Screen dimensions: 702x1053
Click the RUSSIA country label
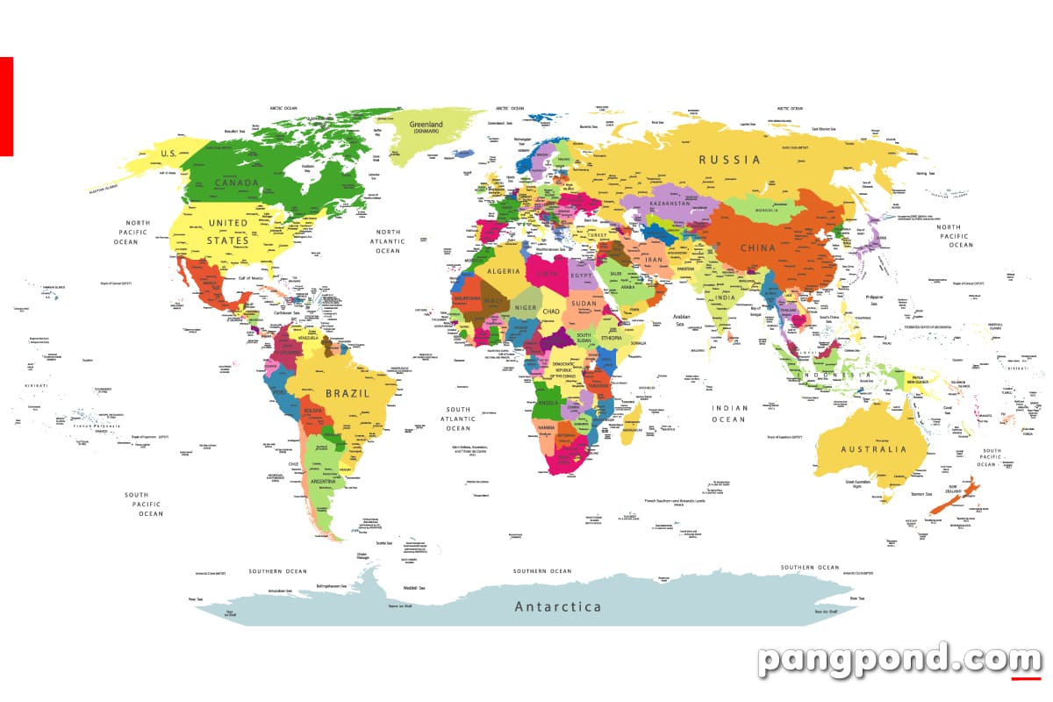[729, 160]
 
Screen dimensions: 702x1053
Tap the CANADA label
[237, 183]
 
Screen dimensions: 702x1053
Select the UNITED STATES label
[227, 231]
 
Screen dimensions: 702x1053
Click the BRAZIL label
[347, 393]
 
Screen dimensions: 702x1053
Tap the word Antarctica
[558, 606]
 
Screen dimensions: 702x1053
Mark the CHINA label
[758, 247]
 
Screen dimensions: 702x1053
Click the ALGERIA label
[504, 272]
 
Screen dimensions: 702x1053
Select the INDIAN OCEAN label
[729, 413]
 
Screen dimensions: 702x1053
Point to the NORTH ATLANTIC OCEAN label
[387, 240]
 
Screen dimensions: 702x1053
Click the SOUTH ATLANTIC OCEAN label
[458, 419]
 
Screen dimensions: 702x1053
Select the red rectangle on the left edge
[6, 106]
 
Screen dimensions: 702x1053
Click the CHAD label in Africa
[550, 312]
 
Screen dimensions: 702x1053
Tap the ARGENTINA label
[323, 482]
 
